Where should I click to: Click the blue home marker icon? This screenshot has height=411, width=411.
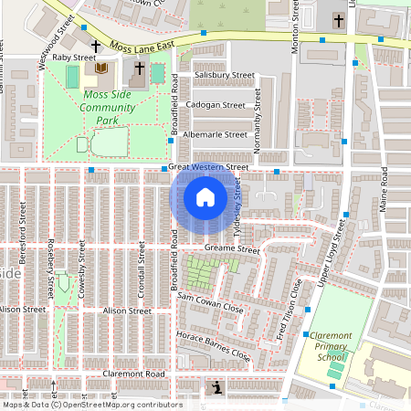205,197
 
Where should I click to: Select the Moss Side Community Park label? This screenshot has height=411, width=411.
113,107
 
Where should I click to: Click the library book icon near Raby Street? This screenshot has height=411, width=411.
100,68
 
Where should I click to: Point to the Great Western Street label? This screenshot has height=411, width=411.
208,167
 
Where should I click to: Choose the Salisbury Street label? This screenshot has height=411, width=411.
216,76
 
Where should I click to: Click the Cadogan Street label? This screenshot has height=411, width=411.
216,105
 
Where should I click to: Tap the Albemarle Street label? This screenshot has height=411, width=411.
216,134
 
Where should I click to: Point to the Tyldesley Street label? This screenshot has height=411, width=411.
237,201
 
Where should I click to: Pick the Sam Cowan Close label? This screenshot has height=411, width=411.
209,303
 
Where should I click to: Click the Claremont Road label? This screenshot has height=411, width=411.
132,374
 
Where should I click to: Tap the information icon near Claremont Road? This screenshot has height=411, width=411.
216,388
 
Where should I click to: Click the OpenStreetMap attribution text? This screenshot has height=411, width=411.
91,405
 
